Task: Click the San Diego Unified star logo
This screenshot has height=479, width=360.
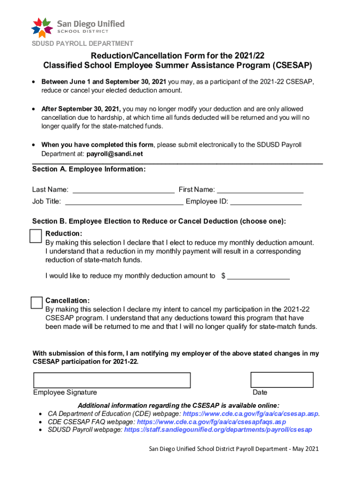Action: coord(41,27)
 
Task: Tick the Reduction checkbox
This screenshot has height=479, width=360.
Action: coord(36,236)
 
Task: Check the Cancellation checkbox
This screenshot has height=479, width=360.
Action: coord(36,303)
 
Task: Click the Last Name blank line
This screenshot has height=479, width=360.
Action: coord(123,191)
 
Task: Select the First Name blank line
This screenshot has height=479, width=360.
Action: coord(260,191)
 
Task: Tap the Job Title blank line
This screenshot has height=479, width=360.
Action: coord(124,203)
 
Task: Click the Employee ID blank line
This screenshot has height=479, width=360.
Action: coord(266,203)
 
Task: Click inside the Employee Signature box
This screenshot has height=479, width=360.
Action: coord(112,380)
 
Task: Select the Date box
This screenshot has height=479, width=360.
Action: coord(282,380)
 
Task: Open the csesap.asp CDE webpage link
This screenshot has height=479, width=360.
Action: coord(251,414)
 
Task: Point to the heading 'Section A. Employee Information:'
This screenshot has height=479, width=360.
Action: coord(89,169)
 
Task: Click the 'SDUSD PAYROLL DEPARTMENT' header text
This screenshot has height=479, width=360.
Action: coord(82,44)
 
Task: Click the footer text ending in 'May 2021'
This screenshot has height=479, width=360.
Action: coord(234,449)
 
